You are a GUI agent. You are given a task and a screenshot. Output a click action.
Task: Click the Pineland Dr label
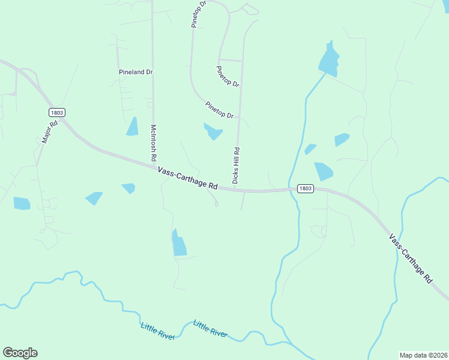[x=136, y=72]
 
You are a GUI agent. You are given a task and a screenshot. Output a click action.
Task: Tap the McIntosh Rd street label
[x=154, y=142]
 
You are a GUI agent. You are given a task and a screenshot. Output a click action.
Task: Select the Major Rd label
[x=49, y=131]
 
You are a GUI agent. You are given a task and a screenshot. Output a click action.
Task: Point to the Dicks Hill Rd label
[x=236, y=166]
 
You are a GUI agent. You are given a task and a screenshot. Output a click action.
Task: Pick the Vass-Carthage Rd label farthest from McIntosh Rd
[x=411, y=258]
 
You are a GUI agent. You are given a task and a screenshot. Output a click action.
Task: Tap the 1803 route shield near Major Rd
[x=56, y=112]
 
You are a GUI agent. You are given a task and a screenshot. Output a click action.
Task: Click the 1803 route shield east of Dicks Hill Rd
[x=305, y=188]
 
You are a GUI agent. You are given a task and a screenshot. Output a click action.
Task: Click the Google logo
[x=20, y=353]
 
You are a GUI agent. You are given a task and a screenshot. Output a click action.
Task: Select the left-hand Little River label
[x=157, y=331]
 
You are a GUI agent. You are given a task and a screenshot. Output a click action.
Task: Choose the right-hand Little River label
[x=210, y=328]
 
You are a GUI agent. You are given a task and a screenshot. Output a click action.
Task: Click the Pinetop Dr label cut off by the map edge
[x=199, y=14]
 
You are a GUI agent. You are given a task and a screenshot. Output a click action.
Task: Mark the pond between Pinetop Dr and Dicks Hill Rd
[x=213, y=131]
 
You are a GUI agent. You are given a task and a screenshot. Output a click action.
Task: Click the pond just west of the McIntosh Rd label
[x=132, y=127]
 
